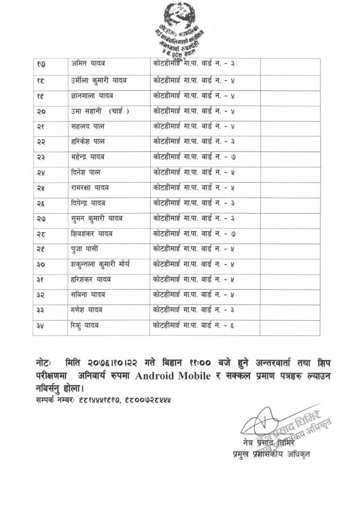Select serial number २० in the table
pyautogui.click(x=41, y=112)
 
